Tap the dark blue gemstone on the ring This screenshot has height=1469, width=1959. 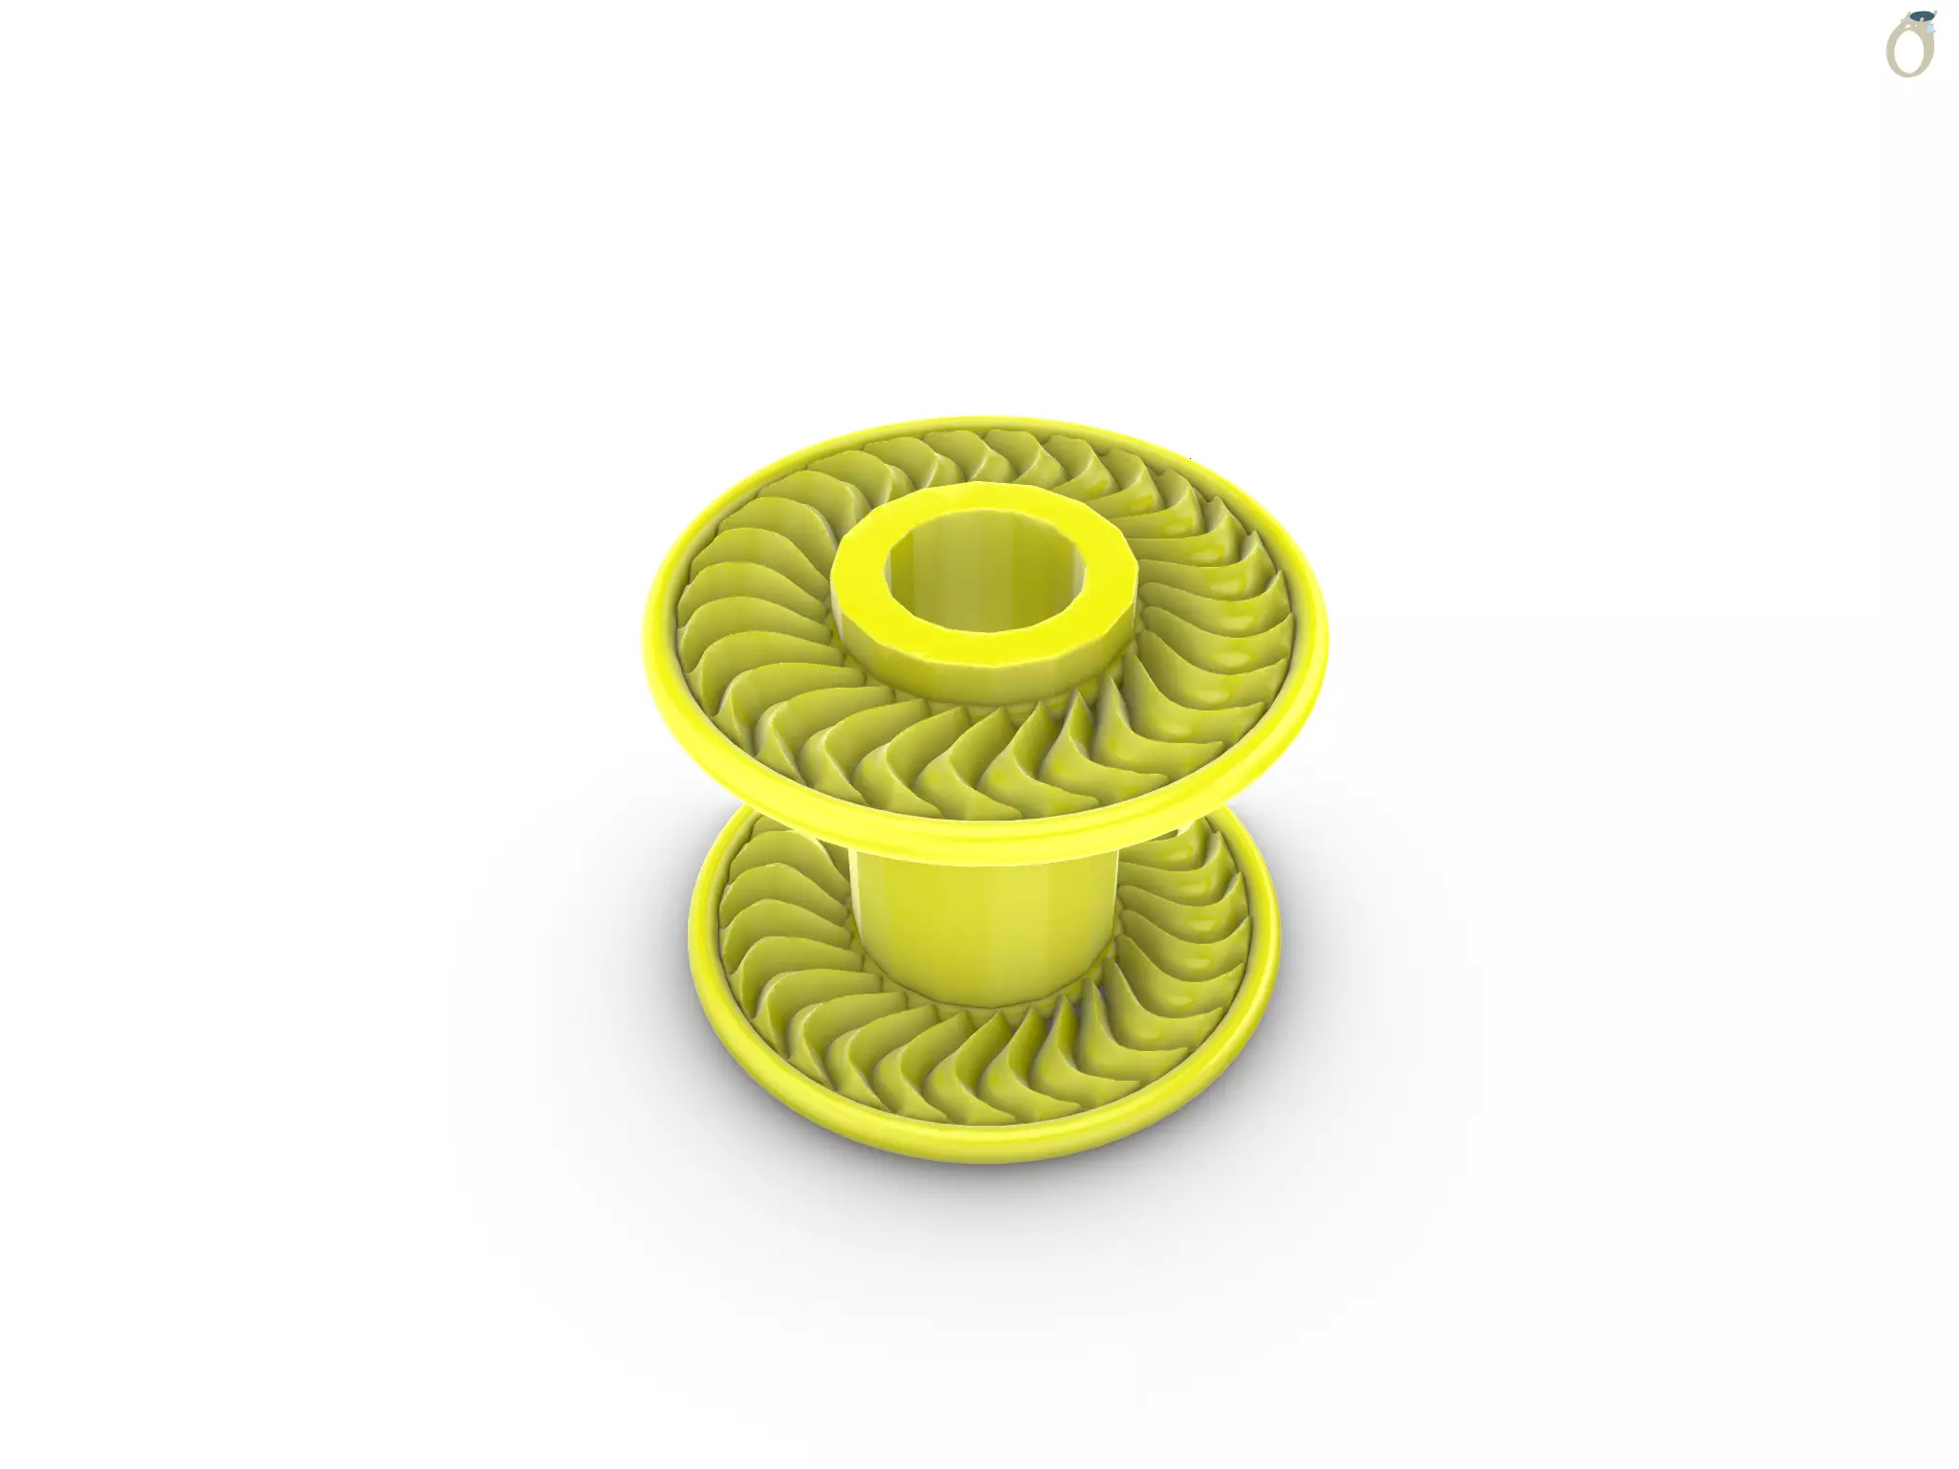tap(1920, 18)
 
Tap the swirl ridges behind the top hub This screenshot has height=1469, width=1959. tap(985, 459)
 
